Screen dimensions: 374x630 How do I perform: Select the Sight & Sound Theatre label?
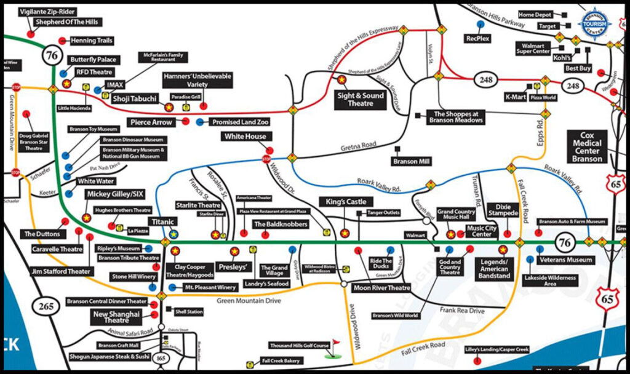[362, 99]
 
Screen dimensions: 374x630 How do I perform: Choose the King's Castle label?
[342, 202]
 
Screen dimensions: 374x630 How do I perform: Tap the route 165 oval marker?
[162, 359]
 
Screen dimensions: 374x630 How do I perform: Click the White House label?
[245, 137]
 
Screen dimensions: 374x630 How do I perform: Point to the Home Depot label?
[535, 14]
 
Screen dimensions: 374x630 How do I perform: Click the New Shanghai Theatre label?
[116, 317]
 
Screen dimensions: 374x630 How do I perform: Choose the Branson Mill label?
[412, 162]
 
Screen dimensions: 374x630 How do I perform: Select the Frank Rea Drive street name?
[462, 311]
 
